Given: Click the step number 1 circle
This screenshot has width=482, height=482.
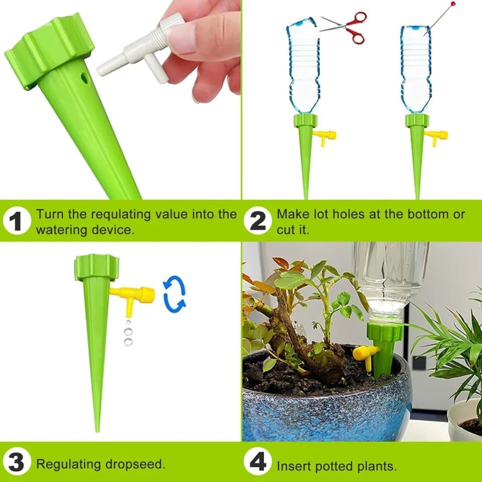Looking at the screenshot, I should point(15,222).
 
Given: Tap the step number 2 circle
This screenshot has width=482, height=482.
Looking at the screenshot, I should point(258,222).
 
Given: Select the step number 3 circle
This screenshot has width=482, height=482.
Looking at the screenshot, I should point(15,464).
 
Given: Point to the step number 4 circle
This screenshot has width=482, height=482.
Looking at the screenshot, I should point(258,464).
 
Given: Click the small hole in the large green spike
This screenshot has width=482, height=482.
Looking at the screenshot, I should point(85,77).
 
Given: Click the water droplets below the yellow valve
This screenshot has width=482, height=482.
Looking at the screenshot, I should point(128,333).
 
